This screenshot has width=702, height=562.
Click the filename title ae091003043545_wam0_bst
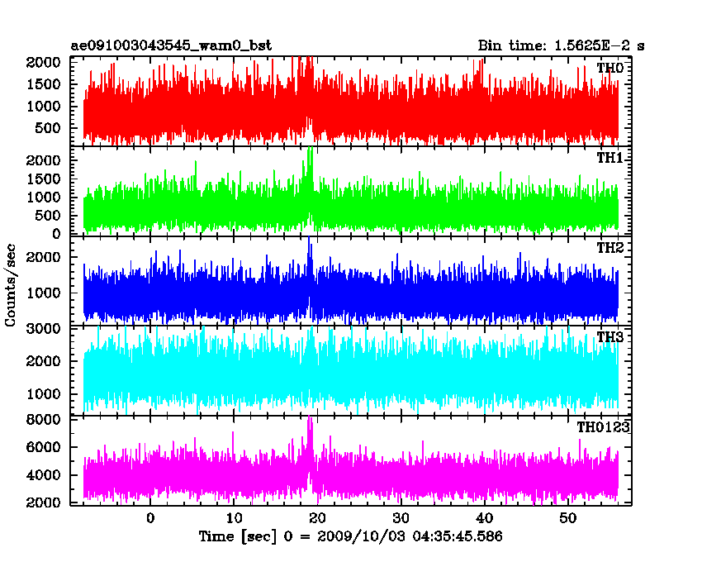(171, 45)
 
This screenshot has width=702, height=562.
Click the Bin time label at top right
(561, 45)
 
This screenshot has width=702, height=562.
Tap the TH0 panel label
(610, 68)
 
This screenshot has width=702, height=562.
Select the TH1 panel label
(610, 158)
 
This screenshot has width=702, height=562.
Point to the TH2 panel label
(610, 248)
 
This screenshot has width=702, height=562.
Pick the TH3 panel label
(610, 337)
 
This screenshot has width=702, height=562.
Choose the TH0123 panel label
(603, 427)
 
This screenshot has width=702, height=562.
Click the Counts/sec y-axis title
(10, 285)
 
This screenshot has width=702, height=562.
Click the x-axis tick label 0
(150, 518)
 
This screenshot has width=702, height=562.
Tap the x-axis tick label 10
(234, 518)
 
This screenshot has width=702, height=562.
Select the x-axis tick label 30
(401, 518)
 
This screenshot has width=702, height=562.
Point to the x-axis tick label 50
(567, 518)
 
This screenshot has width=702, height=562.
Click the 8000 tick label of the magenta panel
(43, 420)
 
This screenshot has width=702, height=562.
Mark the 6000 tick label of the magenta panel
(43, 447)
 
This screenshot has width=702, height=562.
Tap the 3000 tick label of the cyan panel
(43, 328)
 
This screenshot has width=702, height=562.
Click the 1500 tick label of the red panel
(43, 84)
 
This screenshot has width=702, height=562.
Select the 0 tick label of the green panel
(56, 234)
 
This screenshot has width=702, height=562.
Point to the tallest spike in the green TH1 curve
(310, 149)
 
